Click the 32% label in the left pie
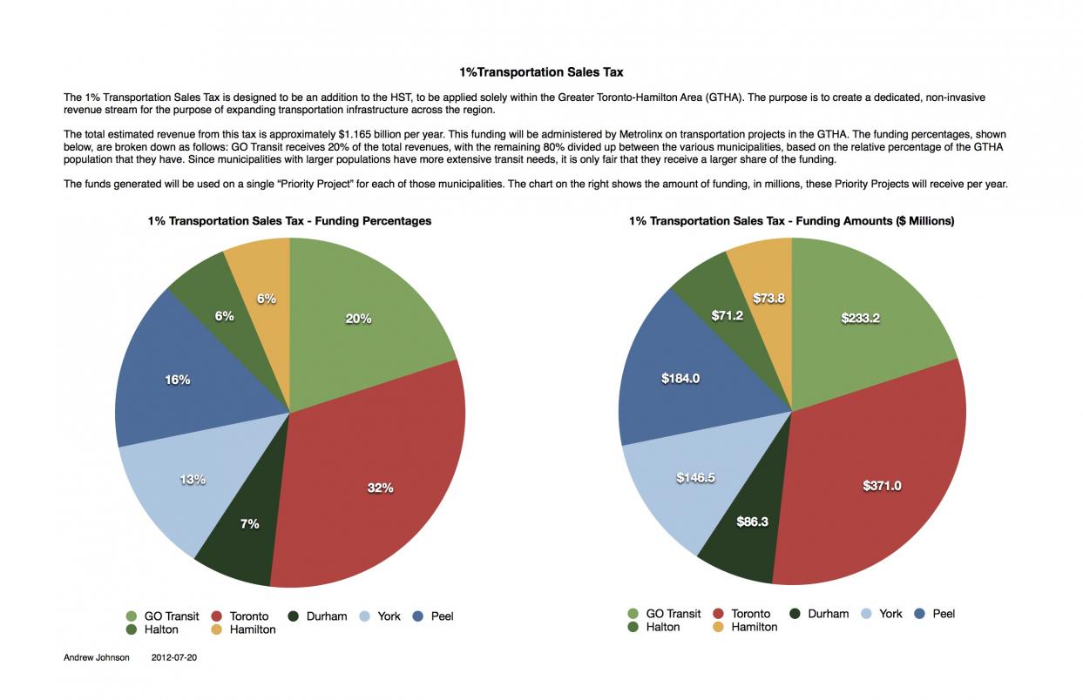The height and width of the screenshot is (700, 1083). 380,488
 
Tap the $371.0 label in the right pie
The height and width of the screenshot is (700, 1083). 882,486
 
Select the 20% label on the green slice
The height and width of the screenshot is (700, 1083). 358,319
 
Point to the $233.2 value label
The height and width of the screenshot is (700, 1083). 860,318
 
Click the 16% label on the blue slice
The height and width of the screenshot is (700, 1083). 177,380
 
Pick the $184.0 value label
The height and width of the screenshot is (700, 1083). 680,378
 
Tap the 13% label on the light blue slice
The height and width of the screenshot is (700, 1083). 193,479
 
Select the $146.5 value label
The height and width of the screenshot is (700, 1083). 695,477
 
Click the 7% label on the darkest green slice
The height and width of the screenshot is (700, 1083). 249,523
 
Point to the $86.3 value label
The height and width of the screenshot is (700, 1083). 752,522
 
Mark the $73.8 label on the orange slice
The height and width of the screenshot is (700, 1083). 768,298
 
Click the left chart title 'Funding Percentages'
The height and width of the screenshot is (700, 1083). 289,221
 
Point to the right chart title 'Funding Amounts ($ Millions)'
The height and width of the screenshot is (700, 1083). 791,221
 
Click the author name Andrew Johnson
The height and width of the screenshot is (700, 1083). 96,658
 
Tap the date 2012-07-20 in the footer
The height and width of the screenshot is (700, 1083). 174,658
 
